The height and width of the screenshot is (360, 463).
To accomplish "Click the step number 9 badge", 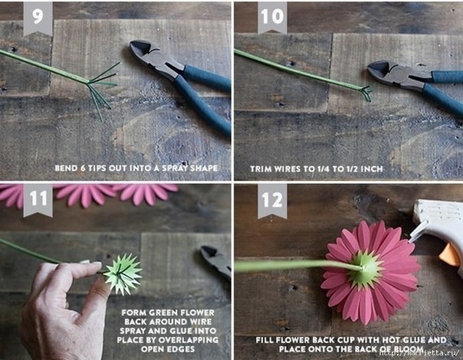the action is tap(38, 18).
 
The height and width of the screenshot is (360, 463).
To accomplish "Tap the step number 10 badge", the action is tap(272, 17).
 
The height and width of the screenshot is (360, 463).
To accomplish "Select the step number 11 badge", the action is tap(38, 200).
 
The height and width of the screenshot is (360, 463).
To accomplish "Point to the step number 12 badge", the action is tap(272, 201).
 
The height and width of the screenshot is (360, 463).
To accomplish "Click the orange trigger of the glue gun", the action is tap(450, 254).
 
